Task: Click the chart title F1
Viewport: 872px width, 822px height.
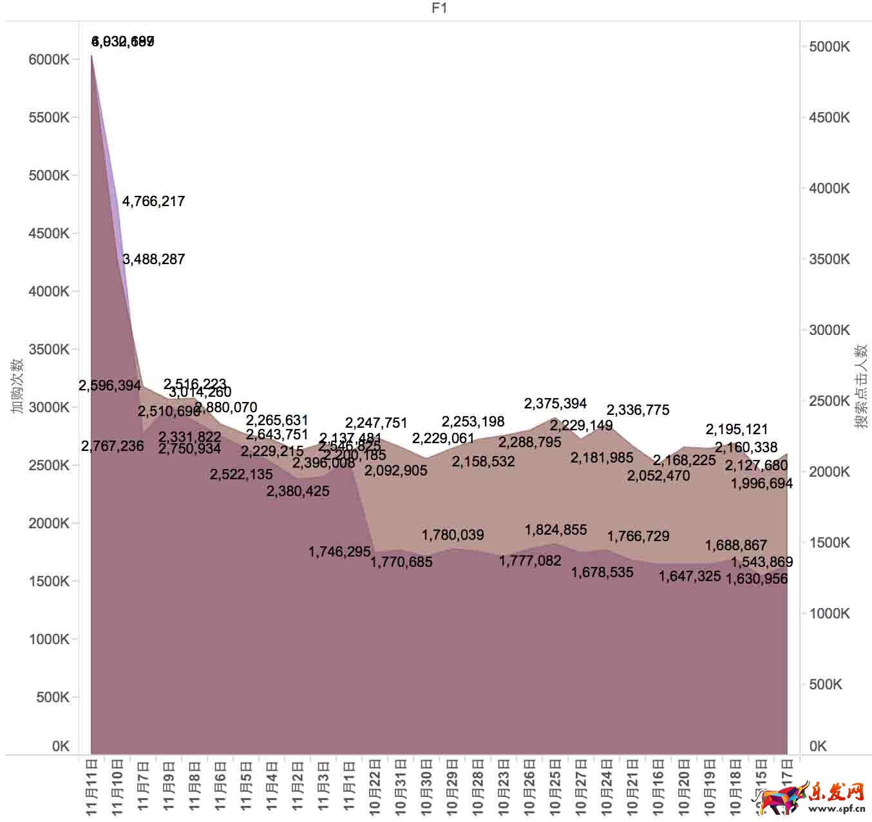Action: (x=439, y=8)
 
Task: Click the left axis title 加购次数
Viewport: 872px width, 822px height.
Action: (x=17, y=387)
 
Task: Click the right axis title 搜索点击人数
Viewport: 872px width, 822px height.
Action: (x=861, y=387)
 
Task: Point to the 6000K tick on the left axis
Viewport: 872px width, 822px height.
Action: (x=49, y=60)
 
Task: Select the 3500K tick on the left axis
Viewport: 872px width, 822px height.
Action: (x=49, y=350)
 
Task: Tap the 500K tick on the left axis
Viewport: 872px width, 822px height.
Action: (x=53, y=697)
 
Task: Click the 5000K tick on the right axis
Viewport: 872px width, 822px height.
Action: (x=829, y=46)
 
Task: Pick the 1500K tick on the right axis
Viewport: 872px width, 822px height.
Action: (x=829, y=542)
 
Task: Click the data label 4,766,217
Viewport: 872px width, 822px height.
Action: (x=153, y=202)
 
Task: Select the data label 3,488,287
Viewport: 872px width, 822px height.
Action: (x=153, y=260)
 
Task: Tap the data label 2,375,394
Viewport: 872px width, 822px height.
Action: (x=555, y=404)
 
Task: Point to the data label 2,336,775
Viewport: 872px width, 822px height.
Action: (x=638, y=410)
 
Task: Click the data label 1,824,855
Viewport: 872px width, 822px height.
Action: (x=556, y=530)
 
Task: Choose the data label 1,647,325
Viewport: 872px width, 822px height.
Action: (x=689, y=577)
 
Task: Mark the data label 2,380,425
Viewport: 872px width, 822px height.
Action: (x=298, y=492)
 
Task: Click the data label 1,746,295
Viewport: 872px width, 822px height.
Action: (x=339, y=552)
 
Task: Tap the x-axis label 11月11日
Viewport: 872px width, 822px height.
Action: (x=92, y=787)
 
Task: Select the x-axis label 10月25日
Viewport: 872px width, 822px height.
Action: (x=556, y=787)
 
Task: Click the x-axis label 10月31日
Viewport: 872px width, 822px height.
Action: (x=401, y=787)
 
